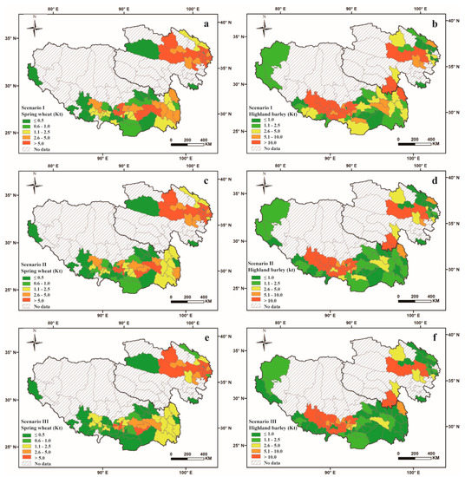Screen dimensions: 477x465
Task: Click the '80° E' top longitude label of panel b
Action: (x=282, y=8)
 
